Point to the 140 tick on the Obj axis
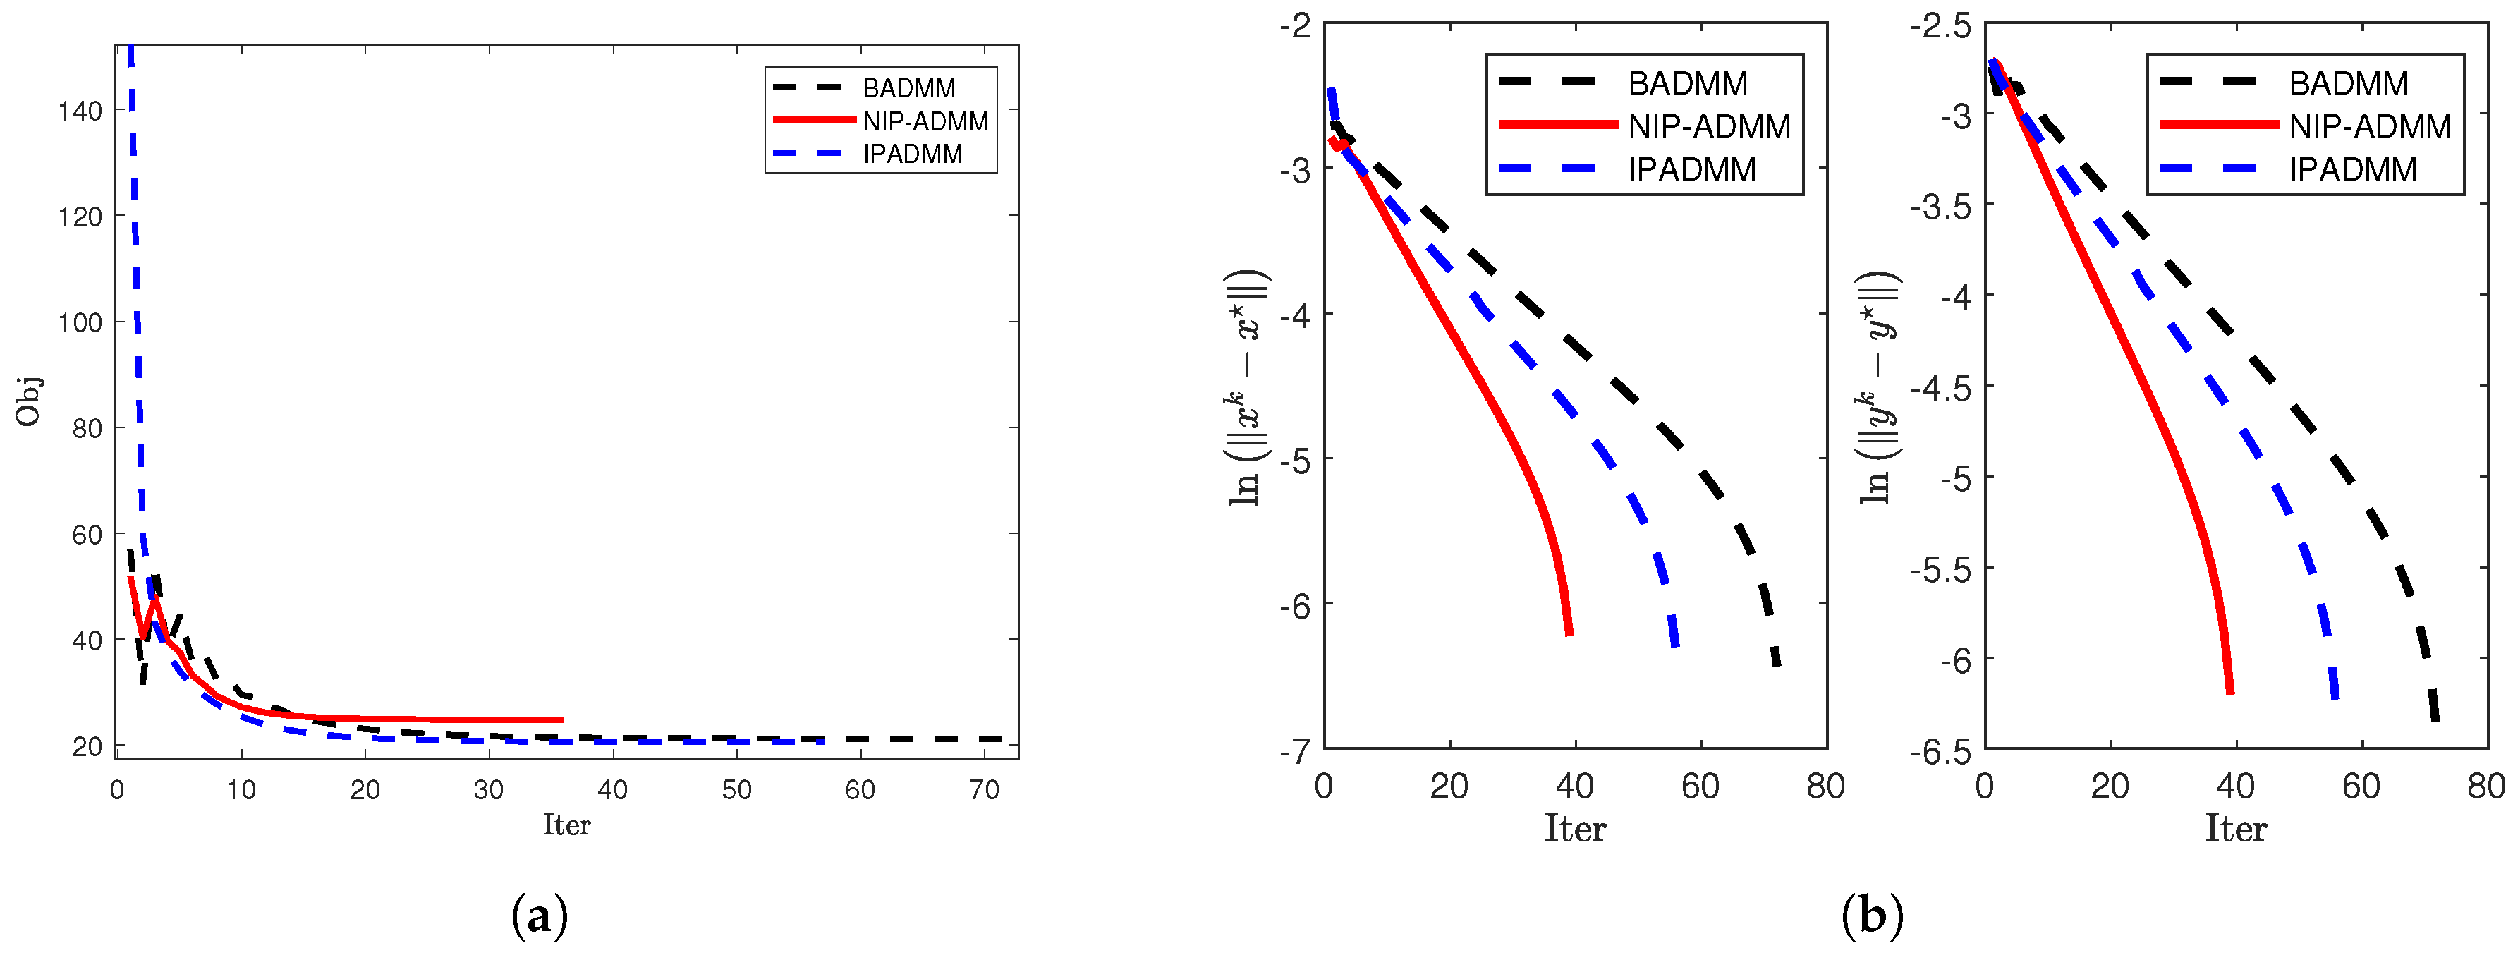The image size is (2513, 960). point(80,111)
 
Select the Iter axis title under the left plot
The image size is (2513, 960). point(566,825)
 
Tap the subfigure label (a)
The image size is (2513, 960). point(539,917)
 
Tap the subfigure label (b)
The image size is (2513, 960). point(1871,917)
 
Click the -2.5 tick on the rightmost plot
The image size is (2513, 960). point(1940,25)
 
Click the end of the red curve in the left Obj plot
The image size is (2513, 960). point(563,720)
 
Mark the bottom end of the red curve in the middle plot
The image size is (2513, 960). point(1569,634)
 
